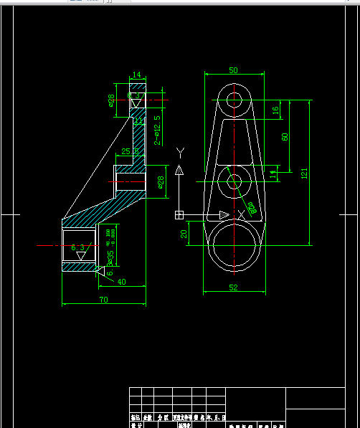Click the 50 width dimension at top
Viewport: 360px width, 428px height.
point(233,70)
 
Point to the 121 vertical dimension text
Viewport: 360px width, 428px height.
point(304,173)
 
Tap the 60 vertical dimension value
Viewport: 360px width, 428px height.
point(285,137)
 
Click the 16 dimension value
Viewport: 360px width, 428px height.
point(275,110)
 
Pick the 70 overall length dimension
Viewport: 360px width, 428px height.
point(103,300)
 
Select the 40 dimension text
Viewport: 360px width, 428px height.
point(121,282)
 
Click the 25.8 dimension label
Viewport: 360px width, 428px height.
point(130,151)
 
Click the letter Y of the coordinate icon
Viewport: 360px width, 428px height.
point(180,151)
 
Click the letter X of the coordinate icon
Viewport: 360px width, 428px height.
point(241,214)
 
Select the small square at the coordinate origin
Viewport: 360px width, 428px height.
point(179,215)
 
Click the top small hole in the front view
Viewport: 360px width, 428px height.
point(233,100)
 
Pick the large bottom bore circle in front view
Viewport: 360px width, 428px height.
point(234,245)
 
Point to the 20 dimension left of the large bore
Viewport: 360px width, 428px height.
point(184,234)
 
